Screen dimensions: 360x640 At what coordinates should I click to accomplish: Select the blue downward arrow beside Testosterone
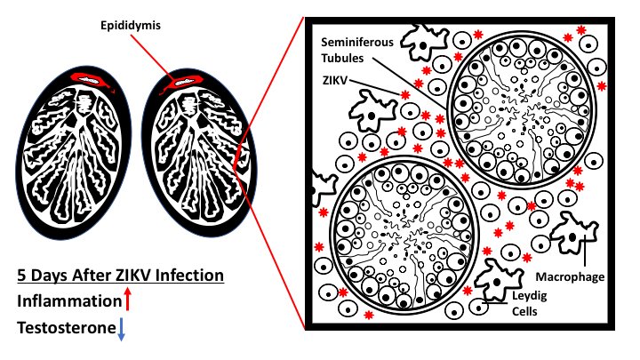(122, 329)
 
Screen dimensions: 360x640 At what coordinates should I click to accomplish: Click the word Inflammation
(68, 301)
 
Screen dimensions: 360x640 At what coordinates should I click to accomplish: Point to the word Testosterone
(65, 329)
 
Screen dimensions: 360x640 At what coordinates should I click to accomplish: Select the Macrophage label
(576, 277)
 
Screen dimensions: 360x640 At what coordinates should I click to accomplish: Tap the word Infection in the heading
(189, 275)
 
